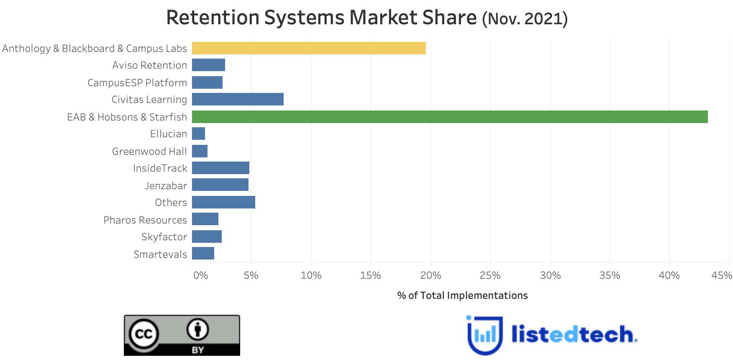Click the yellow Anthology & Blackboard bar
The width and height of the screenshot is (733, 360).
[309, 48]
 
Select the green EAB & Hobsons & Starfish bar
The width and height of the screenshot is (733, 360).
[450, 117]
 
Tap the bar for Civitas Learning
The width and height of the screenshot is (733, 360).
[238, 99]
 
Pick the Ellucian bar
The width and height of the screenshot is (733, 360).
[199, 134]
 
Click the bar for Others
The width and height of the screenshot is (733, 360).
[223, 202]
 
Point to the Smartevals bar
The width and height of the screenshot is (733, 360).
[203, 253]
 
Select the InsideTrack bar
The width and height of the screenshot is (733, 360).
[220, 168]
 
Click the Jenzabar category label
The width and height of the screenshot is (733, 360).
[166, 185]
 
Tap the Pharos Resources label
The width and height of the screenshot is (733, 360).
[145, 220]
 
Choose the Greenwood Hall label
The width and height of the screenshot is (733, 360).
[149, 151]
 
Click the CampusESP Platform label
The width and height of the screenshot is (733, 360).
[137, 82]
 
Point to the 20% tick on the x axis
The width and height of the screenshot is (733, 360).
[431, 275]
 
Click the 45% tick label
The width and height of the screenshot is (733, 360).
[722, 275]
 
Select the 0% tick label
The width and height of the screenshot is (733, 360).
[200, 275]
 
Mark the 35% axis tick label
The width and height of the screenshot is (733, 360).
[610, 275]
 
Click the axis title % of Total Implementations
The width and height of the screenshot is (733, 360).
[462, 296]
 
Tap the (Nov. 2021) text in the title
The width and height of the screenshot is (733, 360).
[525, 19]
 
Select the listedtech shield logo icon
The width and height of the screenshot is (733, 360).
[484, 335]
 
